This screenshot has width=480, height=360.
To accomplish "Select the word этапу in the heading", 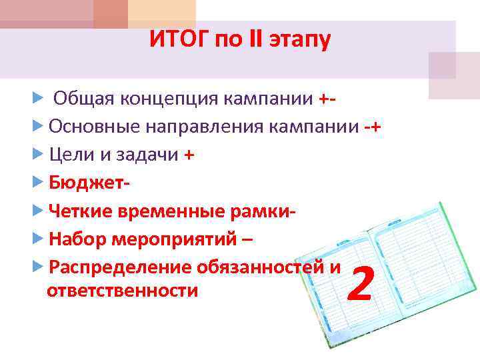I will pyautogui.click(x=299, y=41).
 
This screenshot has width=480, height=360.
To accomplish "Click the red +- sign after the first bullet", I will pyautogui.click(x=327, y=100).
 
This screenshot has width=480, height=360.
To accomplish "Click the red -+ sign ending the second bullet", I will pyautogui.click(x=373, y=127).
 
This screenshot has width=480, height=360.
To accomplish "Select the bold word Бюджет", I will pyautogui.click(x=85, y=183).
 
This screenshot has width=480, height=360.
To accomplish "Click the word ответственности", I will pyautogui.click(x=123, y=291).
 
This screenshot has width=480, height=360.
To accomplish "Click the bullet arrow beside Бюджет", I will pyautogui.click(x=37, y=183).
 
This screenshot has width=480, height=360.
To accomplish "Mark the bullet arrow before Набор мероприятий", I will pyautogui.click(x=37, y=239).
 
